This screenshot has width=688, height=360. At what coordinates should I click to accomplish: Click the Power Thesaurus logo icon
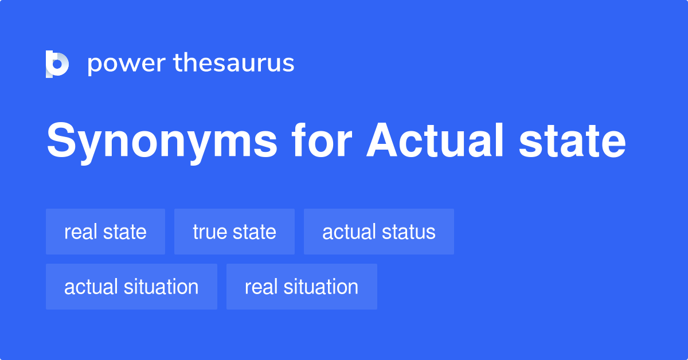coord(57,64)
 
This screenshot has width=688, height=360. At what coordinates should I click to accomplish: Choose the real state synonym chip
coord(105,232)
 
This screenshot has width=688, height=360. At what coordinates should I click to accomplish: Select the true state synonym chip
coord(234,232)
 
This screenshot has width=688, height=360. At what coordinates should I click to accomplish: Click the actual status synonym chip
coord(379,232)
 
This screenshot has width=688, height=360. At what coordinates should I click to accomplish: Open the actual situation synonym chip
coord(131,287)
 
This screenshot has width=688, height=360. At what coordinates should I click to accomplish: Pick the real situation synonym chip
coord(302,287)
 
